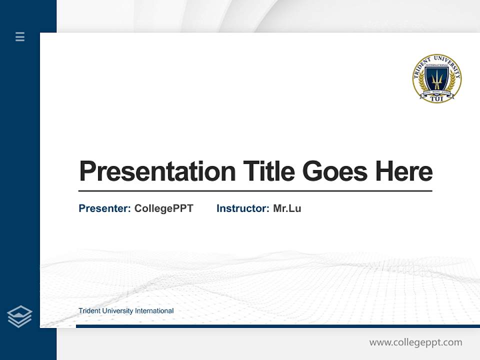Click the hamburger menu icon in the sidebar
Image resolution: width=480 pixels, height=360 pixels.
coord(20,36)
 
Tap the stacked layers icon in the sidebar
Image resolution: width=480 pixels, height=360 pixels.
coord(19,316)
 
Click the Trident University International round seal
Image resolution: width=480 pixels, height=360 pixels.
coord(437,78)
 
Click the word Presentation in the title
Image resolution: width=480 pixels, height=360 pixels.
coord(157,171)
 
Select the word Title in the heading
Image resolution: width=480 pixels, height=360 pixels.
coord(268,171)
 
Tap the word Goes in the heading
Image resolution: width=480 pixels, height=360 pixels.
coord(335,171)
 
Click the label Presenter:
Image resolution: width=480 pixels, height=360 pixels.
coord(105,208)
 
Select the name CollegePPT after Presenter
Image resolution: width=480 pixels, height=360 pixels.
coord(163,208)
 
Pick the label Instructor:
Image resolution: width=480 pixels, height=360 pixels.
coord(243,208)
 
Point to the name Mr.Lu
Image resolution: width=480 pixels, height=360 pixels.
coord(287,208)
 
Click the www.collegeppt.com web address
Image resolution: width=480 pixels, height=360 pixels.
coord(415,342)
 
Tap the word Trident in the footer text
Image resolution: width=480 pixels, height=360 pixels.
coord(89,311)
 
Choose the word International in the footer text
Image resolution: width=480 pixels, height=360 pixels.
coord(153,311)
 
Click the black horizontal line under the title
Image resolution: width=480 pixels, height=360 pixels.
coord(255,191)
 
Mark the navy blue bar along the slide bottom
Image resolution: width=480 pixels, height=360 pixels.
coord(275,326)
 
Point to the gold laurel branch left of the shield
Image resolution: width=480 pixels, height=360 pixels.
coord(421,82)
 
